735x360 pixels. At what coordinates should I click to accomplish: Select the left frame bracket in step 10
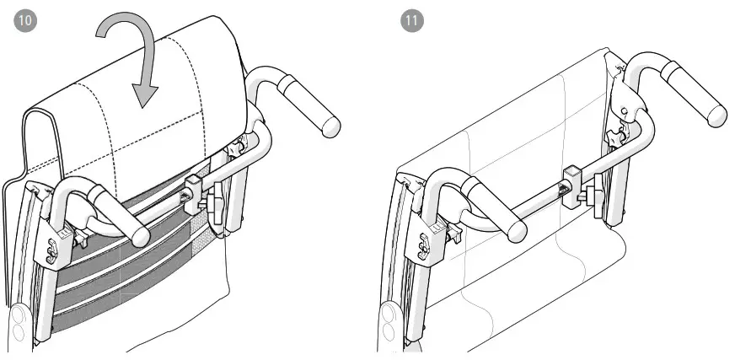click(x=61, y=244)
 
